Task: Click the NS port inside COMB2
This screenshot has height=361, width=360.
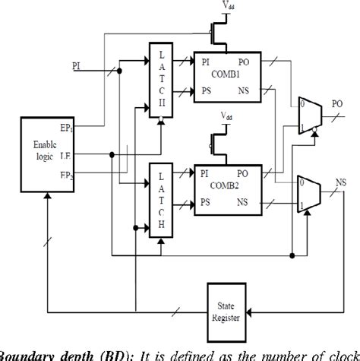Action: click(261, 203)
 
